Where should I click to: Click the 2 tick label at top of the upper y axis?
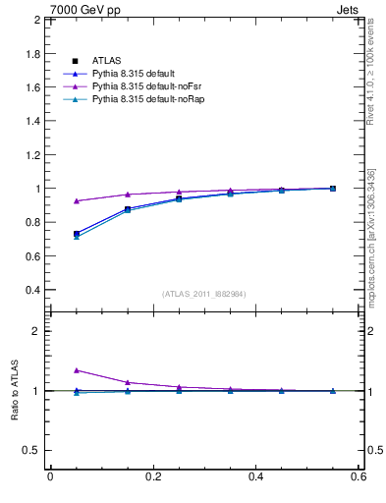point(35,20)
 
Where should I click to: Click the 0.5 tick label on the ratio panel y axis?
point(30,450)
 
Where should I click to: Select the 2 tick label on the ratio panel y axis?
point(35,331)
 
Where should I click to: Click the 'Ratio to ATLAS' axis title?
point(14,391)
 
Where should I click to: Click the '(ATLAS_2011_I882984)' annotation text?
point(203,294)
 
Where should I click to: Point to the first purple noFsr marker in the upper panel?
point(76,200)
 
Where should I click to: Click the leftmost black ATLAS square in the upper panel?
point(76,234)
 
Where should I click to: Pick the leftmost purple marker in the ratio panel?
point(76,370)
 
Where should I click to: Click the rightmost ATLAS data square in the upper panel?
point(332,189)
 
